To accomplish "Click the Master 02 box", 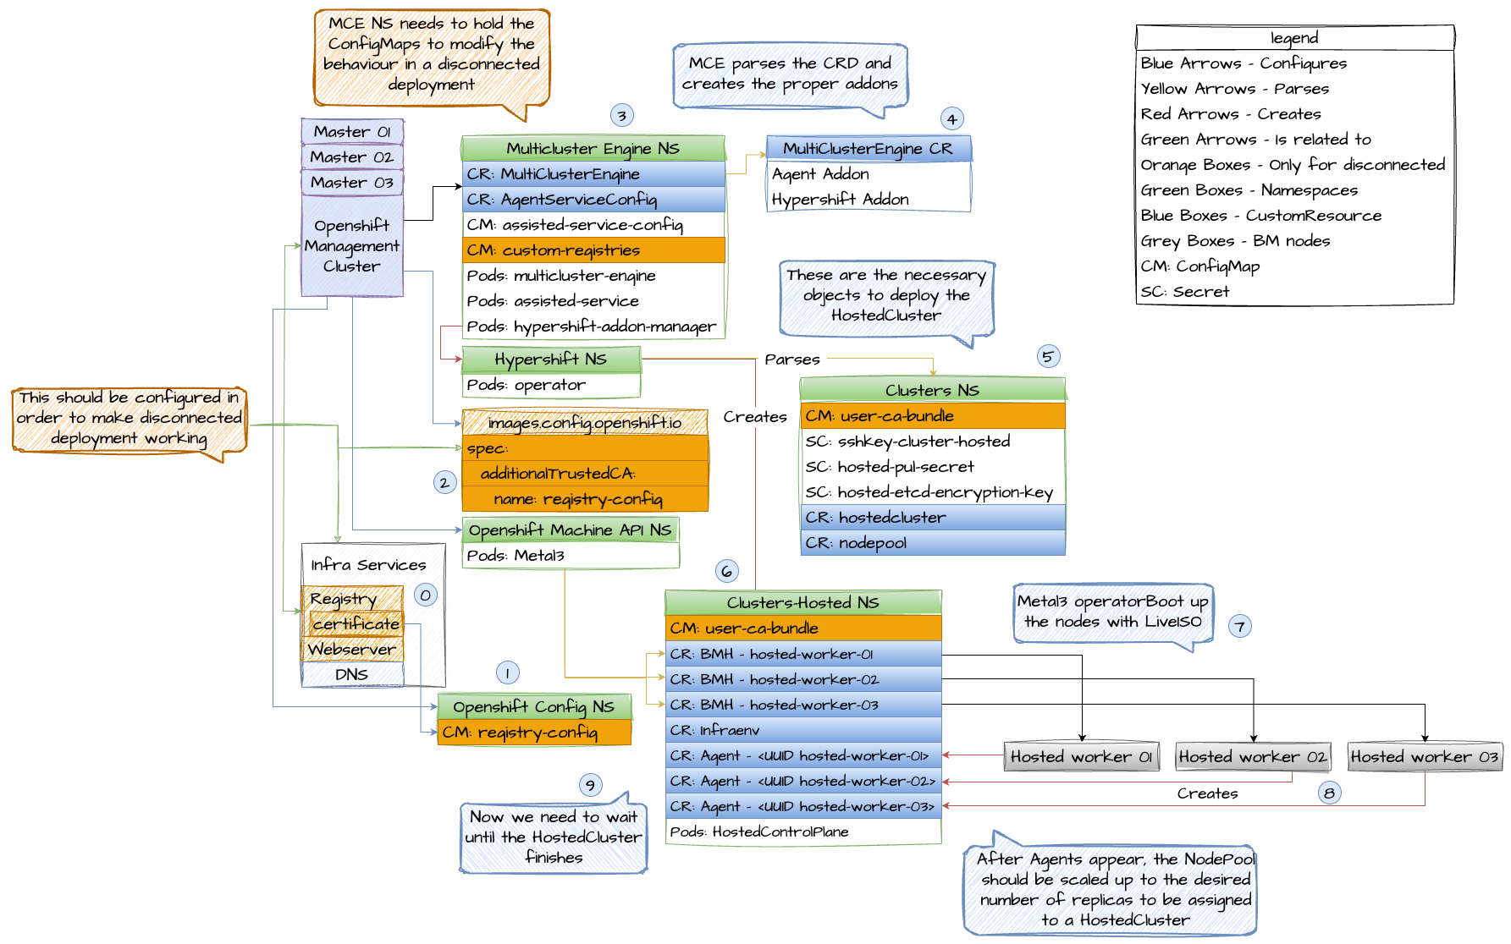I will click(x=352, y=157).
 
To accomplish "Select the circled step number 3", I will click(x=621, y=116).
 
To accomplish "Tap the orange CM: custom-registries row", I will click(x=593, y=250).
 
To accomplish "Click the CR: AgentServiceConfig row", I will click(x=593, y=200).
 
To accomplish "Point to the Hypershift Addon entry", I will click(x=840, y=200).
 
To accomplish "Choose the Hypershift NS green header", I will click(x=551, y=359).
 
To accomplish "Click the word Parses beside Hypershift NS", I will click(x=792, y=359).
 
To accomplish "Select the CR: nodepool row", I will click(x=932, y=543).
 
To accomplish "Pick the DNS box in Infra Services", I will click(x=352, y=674).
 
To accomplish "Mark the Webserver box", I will click(x=352, y=650).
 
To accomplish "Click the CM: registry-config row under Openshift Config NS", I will click(x=534, y=733).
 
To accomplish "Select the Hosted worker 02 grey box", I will click(x=1253, y=757).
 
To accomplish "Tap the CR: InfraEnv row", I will click(x=802, y=730).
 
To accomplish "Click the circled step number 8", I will click(x=1329, y=793).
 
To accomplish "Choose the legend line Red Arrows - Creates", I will click(x=1231, y=114).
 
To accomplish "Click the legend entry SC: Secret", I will click(x=1185, y=292).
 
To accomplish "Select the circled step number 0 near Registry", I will click(x=426, y=595).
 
